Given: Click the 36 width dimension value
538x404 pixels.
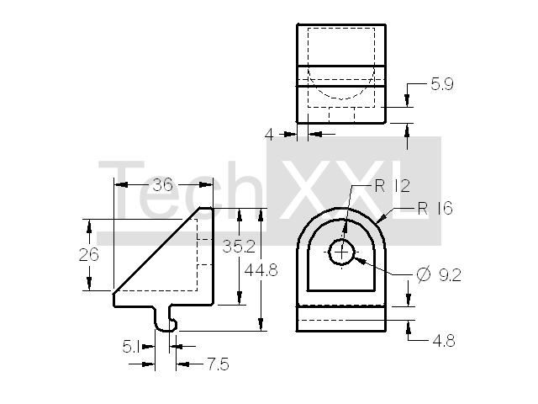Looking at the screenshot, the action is coord(162,185).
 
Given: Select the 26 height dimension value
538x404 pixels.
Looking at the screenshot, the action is coord(88,254).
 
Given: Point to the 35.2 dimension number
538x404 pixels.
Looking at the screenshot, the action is coord(239,247).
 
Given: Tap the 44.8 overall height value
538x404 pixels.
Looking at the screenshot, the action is coord(261,270).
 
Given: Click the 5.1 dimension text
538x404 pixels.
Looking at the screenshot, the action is coord(131,347).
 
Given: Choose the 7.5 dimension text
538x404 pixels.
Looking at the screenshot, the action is coord(219,364).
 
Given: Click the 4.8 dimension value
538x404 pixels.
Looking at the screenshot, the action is coord(444,341).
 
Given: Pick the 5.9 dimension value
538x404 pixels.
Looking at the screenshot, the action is coord(442,84).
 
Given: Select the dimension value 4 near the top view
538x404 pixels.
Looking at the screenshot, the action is coord(269,135).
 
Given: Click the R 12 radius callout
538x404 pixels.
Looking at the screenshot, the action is coord(393,186).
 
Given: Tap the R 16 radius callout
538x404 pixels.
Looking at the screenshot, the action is coord(435,208).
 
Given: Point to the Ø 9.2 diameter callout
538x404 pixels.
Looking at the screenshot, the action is coord(439,275).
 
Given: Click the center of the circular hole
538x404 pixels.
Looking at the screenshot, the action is coord(341,252).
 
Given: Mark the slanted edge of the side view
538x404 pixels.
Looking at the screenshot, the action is coord(157,250).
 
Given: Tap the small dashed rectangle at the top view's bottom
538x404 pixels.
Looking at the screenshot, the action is coord(342,114).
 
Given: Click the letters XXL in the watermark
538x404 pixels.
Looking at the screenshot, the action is coord(354,191).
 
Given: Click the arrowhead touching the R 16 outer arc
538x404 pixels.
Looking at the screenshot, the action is coord(381,219).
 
